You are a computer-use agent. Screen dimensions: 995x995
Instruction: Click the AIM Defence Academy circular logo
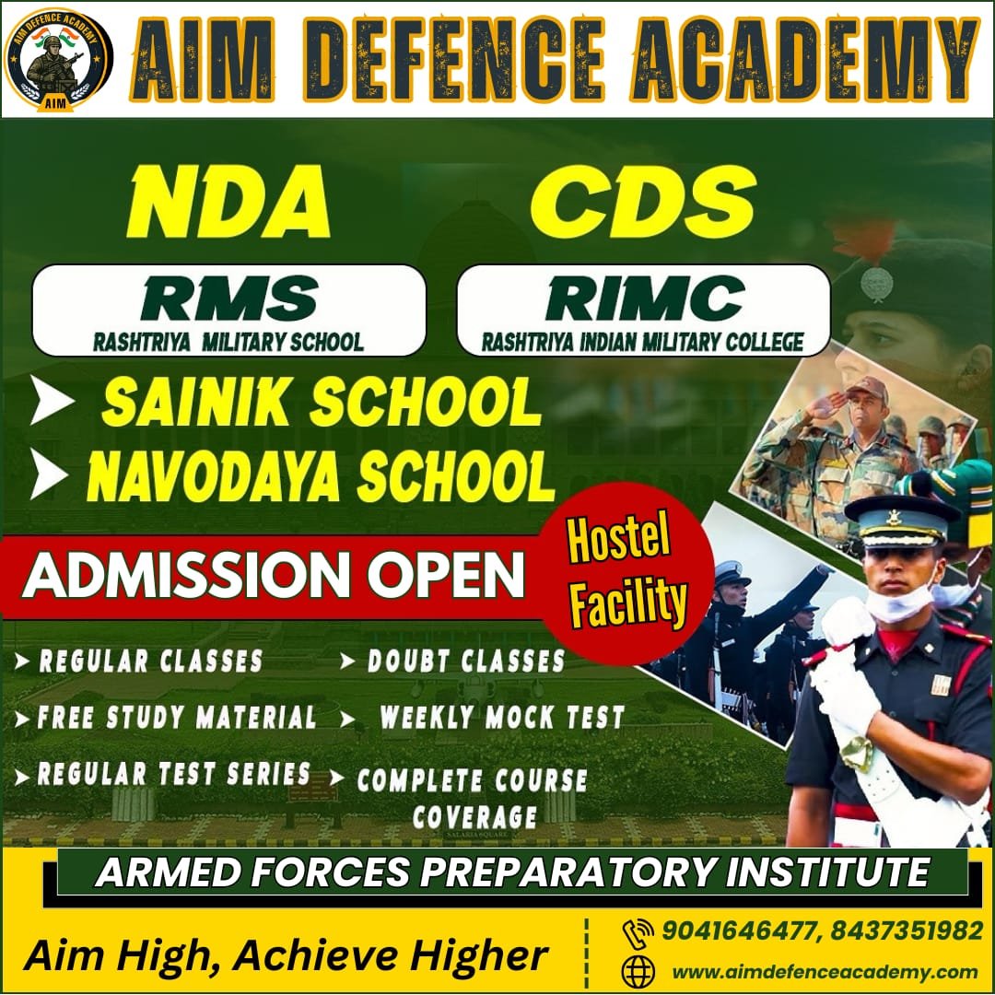click(x=57, y=58)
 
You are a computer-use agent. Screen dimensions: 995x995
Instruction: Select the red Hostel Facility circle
click(x=627, y=573)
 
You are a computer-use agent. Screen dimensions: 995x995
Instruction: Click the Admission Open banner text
click(x=274, y=576)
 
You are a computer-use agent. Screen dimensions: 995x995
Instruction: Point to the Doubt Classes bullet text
click(x=465, y=661)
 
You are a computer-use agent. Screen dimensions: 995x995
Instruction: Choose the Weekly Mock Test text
click(x=502, y=718)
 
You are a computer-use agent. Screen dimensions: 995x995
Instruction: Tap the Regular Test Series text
click(x=173, y=774)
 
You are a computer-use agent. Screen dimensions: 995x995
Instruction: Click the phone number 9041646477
click(x=740, y=931)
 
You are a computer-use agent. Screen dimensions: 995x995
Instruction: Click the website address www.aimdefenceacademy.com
click(x=824, y=971)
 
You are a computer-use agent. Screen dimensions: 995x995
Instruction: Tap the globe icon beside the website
click(x=638, y=971)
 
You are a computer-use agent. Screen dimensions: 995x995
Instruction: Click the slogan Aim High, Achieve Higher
click(x=286, y=955)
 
